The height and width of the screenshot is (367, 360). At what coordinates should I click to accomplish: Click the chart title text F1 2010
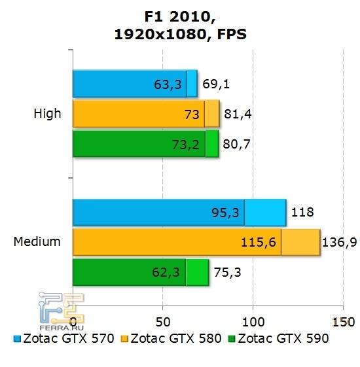pos(179,16)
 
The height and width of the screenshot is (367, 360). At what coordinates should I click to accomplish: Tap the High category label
pos(47,114)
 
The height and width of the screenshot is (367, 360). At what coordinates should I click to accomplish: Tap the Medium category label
pos(37,242)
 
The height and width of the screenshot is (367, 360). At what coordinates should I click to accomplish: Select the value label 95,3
pos(226,213)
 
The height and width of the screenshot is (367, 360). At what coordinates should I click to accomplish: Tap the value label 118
pos(302,213)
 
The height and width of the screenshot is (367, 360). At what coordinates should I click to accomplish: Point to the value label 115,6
pos(261,243)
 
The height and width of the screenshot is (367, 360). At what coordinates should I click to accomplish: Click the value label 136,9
pos(339,243)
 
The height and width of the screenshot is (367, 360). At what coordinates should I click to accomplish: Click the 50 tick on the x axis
pos(163,321)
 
